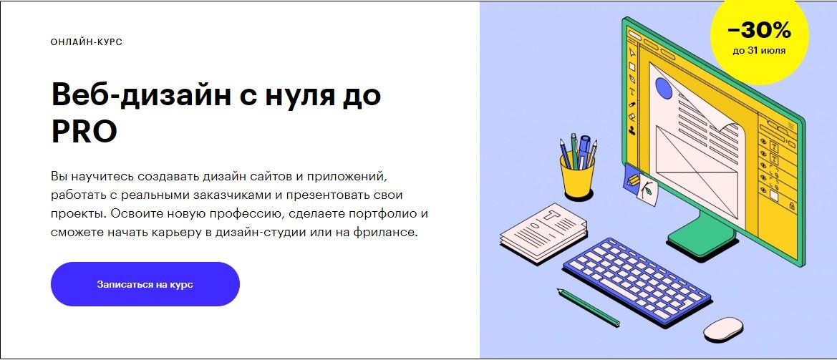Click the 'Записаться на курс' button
[x=145, y=284]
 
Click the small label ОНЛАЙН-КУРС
[x=87, y=42]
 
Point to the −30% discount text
[x=758, y=31]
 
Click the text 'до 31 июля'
[x=758, y=52]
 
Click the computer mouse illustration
[x=723, y=329]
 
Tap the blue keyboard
[x=637, y=281]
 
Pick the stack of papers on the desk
[x=543, y=231]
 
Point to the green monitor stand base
[x=702, y=237]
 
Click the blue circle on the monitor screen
[x=664, y=89]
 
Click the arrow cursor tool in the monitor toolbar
[x=632, y=52]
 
